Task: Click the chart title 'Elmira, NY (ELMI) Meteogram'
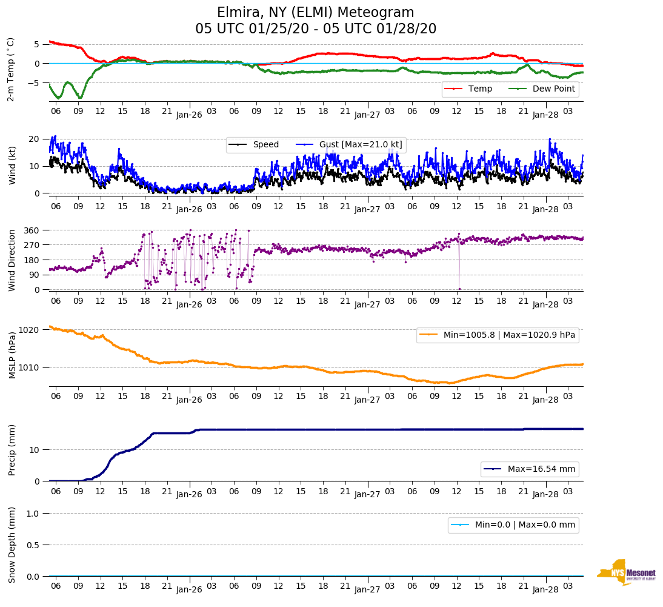(x=315, y=13)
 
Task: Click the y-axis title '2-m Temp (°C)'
(x=11, y=69)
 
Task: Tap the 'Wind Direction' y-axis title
(x=12, y=260)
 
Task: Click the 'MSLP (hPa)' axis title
(x=12, y=355)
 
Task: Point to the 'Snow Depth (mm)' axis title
(x=12, y=544)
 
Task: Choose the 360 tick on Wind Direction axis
(x=32, y=230)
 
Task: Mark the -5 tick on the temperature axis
(x=35, y=83)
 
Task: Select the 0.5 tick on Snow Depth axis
(x=33, y=545)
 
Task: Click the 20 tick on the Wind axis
(x=35, y=139)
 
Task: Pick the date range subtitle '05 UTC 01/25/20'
(x=244, y=29)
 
